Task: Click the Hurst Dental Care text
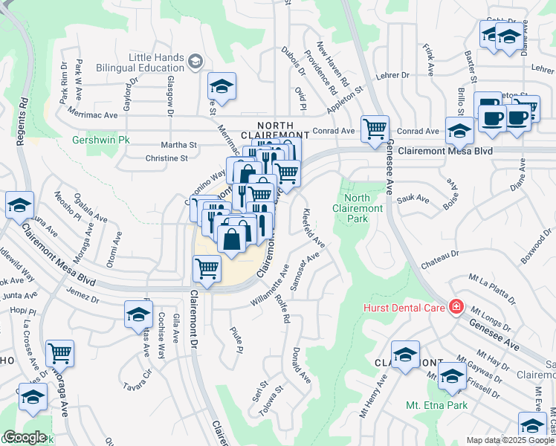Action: coord(404,307)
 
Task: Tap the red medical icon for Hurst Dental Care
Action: coord(456,307)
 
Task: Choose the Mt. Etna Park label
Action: coord(436,405)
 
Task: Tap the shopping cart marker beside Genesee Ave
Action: coord(375,129)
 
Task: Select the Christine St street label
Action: coord(167,158)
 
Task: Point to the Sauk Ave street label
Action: coord(413,199)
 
